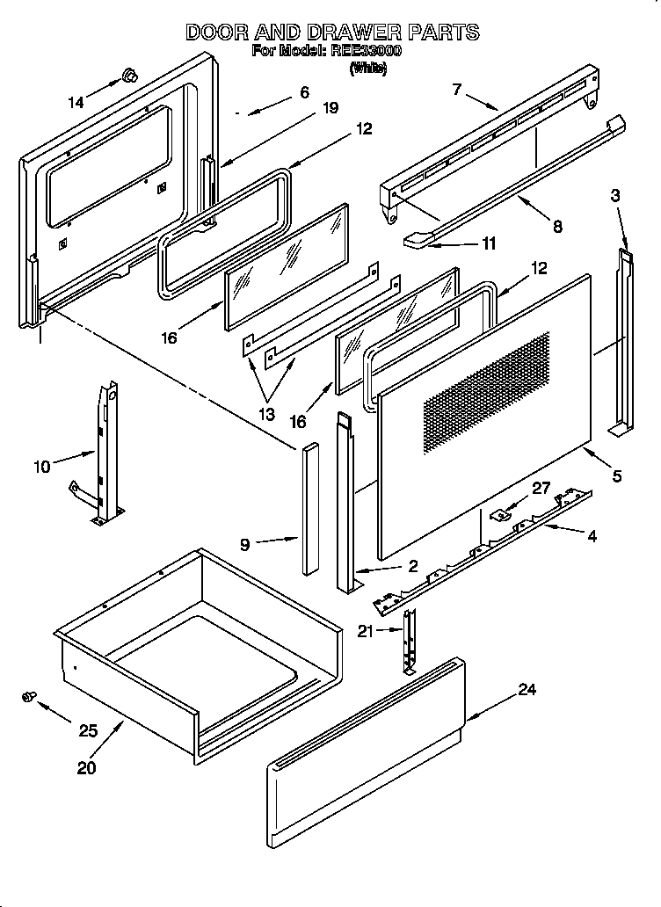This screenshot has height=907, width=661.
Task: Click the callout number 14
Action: [x=76, y=103]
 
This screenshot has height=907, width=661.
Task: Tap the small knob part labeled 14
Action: [x=130, y=76]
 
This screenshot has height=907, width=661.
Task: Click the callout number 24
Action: [x=526, y=690]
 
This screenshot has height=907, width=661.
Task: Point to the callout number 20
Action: [x=85, y=766]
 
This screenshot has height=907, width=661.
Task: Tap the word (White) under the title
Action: [x=367, y=69]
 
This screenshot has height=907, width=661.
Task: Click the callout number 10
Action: [x=42, y=466]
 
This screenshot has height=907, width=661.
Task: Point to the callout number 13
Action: [x=265, y=413]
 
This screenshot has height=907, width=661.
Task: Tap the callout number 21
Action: [x=365, y=630]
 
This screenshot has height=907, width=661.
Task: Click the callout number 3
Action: [x=615, y=195]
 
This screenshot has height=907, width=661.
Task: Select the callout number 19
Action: [x=330, y=108]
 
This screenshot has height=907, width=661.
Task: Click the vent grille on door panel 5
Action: [x=488, y=391]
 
